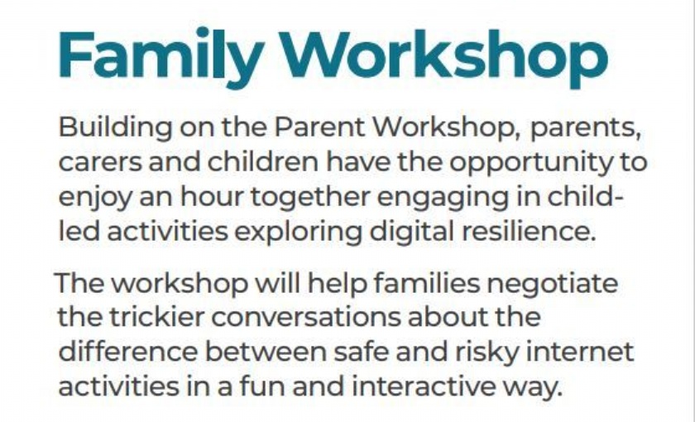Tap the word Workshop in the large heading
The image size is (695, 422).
pos(443,58)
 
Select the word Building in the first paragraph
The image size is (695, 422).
pos(115,128)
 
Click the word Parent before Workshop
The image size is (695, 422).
pos(319,127)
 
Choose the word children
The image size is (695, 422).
pos(263,162)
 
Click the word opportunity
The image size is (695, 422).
pos(530,164)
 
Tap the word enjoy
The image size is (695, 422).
pos(95,198)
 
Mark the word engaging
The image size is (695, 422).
pos(443,198)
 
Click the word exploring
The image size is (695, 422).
pos(298,233)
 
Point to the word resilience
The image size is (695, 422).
pos(529,232)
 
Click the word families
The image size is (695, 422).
pos(427,282)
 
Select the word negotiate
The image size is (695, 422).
pos(553,285)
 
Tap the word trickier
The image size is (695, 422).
pos(157,317)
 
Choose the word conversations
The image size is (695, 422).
pos(306,318)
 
